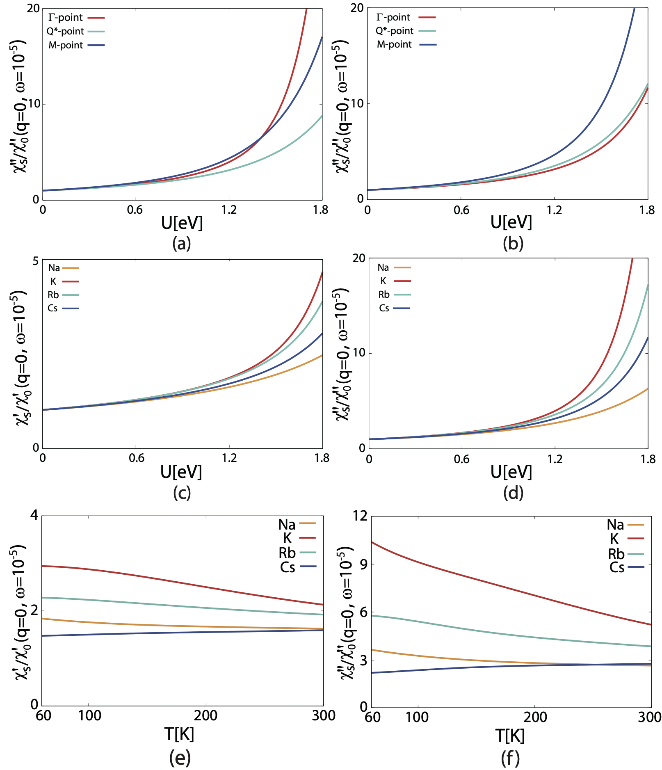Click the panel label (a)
pyautogui.click(x=182, y=244)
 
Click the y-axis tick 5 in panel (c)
pyautogui.click(x=35, y=261)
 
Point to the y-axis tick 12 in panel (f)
pyautogui.click(x=360, y=516)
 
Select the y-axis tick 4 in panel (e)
pyautogui.click(x=34, y=515)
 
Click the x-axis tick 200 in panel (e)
pyautogui.click(x=205, y=715)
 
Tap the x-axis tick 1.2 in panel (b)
pyautogui.click(x=554, y=210)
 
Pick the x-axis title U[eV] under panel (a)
pyautogui.click(x=182, y=223)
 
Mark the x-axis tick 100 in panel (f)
pyautogui.click(x=417, y=717)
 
